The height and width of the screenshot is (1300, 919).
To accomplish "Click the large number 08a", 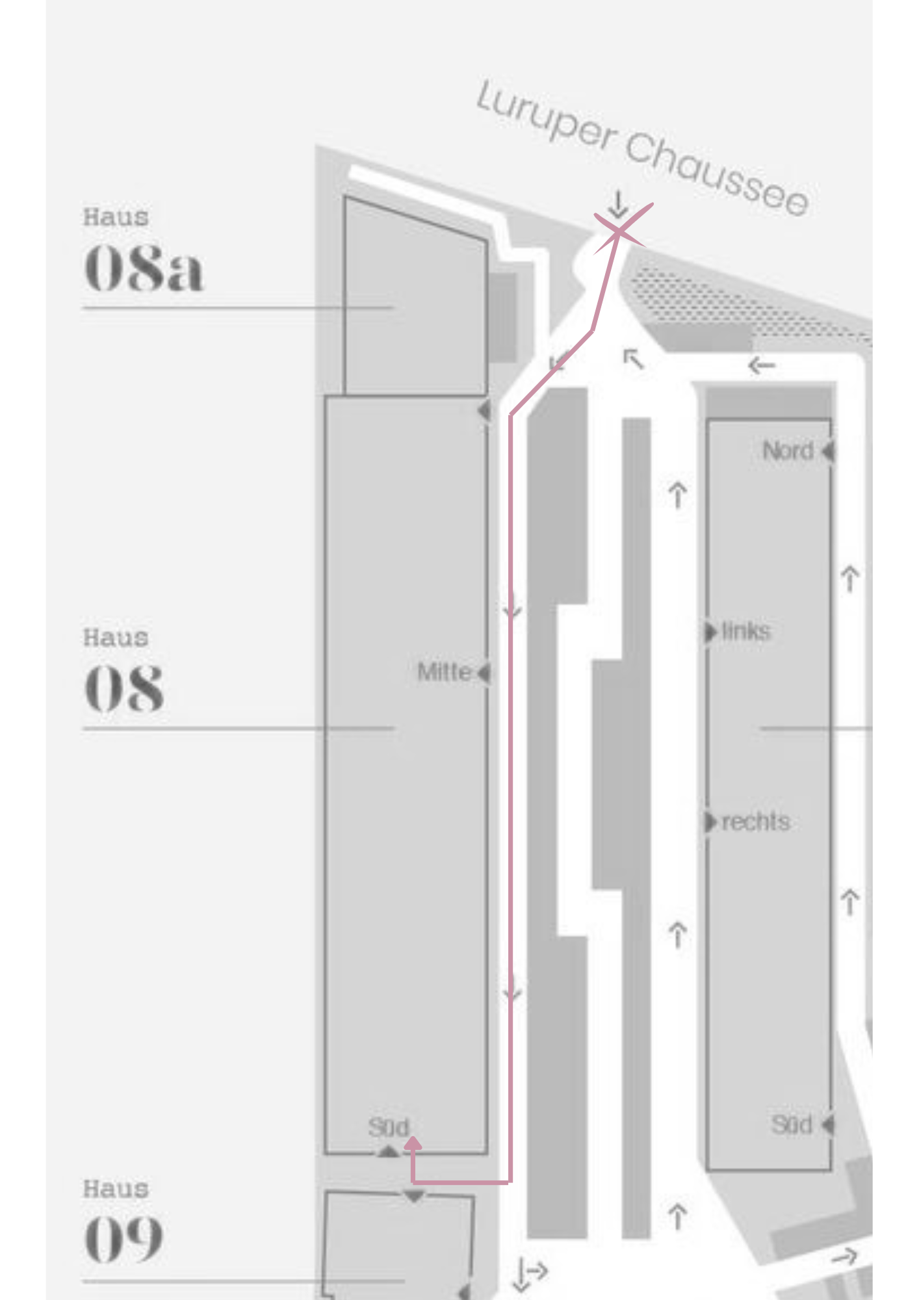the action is coord(144,268).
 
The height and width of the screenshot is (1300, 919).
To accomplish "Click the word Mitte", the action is coord(445,672).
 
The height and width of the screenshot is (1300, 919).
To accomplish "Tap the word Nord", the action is coord(788,450).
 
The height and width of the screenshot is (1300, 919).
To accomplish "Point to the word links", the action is coord(746,631).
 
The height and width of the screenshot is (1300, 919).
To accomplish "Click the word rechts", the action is coord(756,822).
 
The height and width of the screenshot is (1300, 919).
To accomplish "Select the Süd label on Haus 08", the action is coord(389,1127).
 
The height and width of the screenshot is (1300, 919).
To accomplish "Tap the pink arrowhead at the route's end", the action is coord(413,1143).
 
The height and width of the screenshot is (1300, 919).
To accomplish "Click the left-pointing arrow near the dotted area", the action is coord(761,365).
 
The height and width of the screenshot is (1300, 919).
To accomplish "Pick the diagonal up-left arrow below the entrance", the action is coord(634,358).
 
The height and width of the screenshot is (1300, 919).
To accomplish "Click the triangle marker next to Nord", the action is coord(828,450).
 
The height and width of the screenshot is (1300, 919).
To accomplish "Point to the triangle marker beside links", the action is coord(710,632).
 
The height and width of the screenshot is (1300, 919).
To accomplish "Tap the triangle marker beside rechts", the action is coord(710,822).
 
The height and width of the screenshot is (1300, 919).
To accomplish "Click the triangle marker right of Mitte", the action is coord(484,673).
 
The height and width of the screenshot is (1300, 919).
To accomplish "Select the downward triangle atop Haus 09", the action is coord(414,1196).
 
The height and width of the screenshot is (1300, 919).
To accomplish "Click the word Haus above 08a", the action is coord(116,217).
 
